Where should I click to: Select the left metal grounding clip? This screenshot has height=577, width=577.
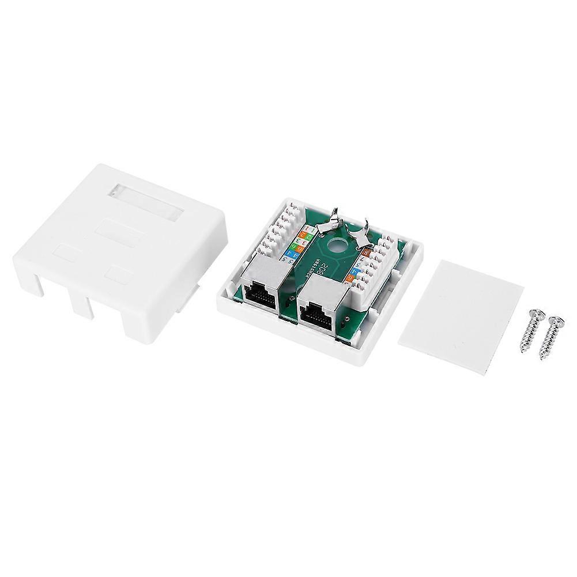point(334,222)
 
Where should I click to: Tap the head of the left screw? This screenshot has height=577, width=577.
point(535,315)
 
